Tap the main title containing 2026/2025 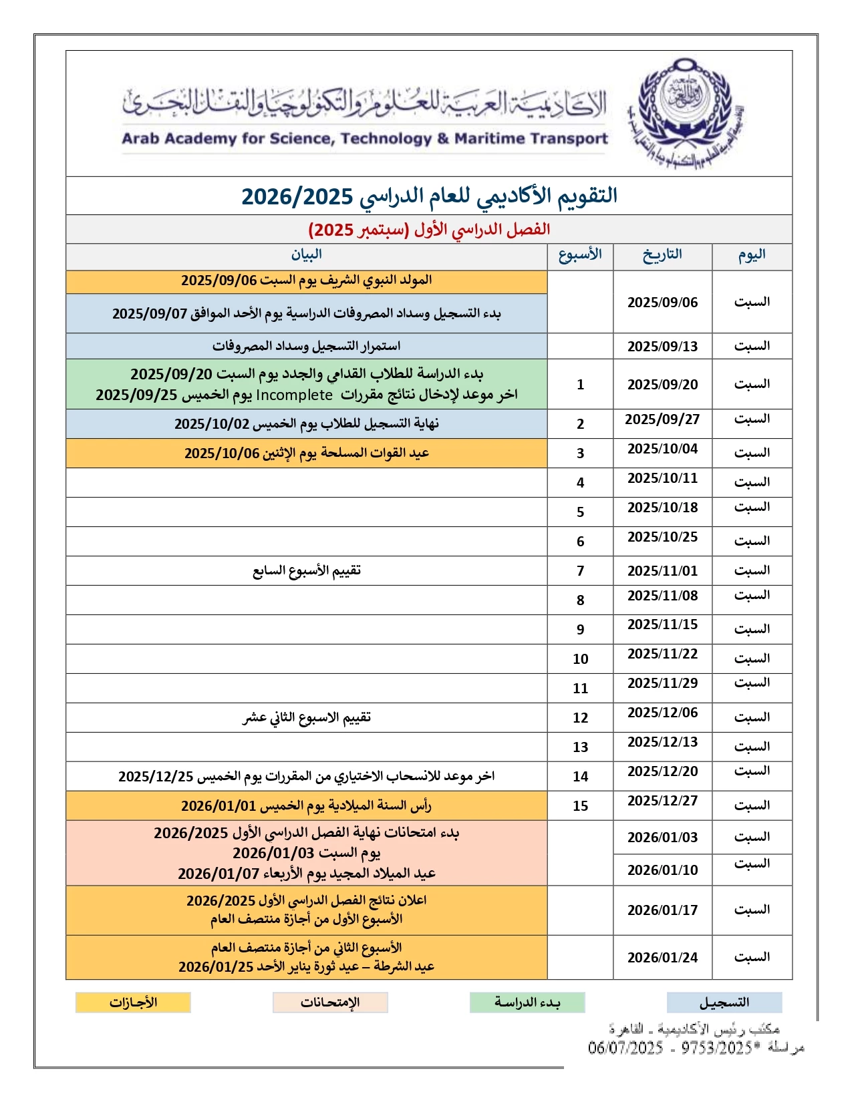click(x=429, y=196)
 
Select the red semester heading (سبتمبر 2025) click(x=429, y=230)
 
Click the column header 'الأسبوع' click(x=580, y=254)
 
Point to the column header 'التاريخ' click(x=662, y=254)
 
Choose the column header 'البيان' click(x=306, y=254)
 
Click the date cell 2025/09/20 click(x=662, y=385)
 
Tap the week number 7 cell click(x=580, y=571)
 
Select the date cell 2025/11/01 click(x=662, y=571)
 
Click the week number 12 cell click(x=580, y=718)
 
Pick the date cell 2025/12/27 click(x=662, y=801)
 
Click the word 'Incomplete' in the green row click(x=294, y=395)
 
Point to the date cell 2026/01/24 click(x=662, y=958)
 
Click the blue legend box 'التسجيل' click(x=724, y=1002)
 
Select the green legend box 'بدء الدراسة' click(x=527, y=1002)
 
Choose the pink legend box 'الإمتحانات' click(x=330, y=1002)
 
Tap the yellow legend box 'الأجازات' click(x=133, y=1002)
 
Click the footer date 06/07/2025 click(x=625, y=1048)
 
